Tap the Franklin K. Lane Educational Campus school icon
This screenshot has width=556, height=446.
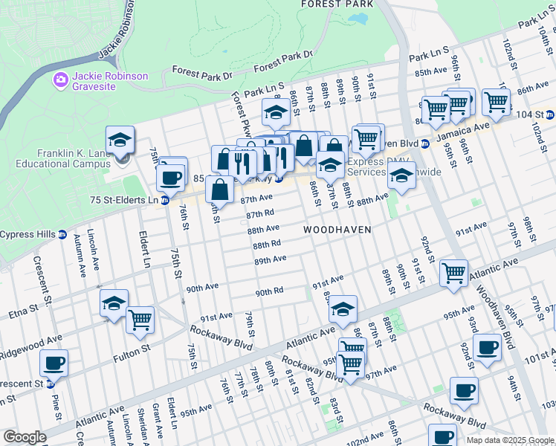(x=120, y=140)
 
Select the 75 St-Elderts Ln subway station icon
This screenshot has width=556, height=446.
(x=165, y=200)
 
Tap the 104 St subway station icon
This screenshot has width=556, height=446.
(x=550, y=114)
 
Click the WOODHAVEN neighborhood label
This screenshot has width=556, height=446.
(x=337, y=230)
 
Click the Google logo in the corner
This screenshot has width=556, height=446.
(x=25, y=437)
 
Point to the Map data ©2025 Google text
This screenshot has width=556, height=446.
(x=509, y=440)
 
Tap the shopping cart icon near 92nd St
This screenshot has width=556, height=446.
(x=453, y=273)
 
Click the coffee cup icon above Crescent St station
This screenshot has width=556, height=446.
(x=54, y=363)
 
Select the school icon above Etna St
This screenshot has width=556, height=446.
(x=114, y=303)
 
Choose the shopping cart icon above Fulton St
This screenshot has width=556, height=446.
(x=140, y=320)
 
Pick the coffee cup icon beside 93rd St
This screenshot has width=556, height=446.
(x=488, y=347)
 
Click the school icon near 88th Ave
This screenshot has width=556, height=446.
(x=401, y=177)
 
